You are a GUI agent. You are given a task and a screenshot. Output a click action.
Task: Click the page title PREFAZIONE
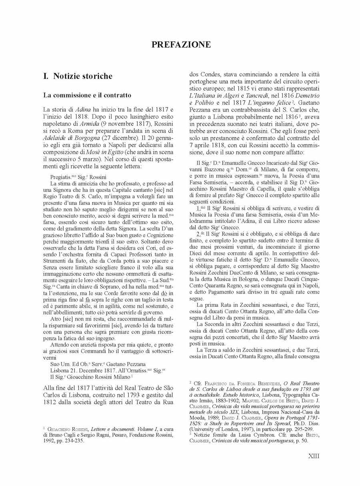[181, 45]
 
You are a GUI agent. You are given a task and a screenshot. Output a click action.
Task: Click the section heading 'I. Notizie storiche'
[78, 76]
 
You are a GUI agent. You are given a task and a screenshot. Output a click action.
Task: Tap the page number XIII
[314, 456]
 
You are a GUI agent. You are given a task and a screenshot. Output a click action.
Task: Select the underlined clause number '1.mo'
[201, 208]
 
